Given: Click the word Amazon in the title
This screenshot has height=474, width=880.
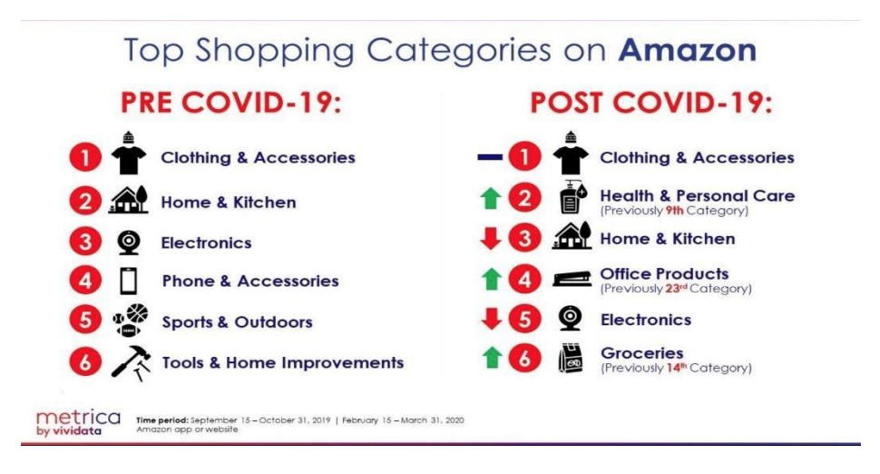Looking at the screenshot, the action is point(688,50).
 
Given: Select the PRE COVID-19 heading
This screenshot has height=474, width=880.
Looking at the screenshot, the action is point(231,103).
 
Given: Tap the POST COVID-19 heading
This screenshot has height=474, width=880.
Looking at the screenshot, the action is point(651,103).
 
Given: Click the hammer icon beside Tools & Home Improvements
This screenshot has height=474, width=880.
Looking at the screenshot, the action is point(131,363).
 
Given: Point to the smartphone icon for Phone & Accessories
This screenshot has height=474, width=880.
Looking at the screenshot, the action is point(129,281).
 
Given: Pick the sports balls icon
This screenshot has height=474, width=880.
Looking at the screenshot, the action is point(131,321).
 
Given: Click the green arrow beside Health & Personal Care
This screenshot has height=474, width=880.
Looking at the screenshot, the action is point(491,198).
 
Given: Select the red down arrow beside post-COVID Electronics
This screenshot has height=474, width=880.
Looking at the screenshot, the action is point(492,319).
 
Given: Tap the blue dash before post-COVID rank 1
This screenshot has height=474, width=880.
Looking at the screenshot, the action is point(490,157).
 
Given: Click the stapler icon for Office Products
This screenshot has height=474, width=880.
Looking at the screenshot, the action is point(572,279).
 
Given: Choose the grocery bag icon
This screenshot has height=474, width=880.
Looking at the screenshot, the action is point(571,359).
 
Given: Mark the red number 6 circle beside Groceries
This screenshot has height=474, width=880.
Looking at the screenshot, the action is point(524,358).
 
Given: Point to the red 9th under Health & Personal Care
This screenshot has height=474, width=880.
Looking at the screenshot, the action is point(675,211).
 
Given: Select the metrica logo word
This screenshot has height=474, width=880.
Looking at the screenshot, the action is point(78,418).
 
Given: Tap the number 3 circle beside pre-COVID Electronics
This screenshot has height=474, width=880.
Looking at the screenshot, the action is point(85,242).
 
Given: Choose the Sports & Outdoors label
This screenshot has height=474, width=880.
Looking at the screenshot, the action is point(237,322).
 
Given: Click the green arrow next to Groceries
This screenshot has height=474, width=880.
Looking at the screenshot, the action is point(493,358).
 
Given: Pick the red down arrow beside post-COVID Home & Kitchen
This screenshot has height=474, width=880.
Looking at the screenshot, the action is point(491,239).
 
